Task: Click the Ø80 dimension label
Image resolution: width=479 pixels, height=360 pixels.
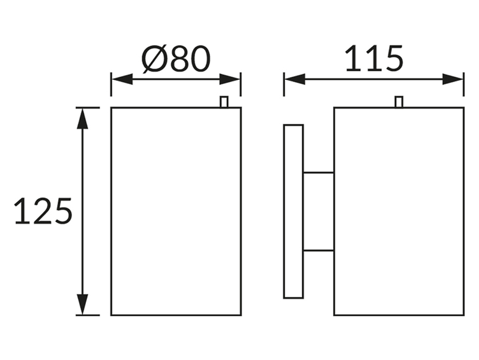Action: point(176,59)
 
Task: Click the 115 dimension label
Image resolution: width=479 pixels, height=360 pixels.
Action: point(374,59)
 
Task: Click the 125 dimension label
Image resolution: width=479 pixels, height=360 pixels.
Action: point(43,211)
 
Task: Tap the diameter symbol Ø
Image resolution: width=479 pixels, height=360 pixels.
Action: point(155,59)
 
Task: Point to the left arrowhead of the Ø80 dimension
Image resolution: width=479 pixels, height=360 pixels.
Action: point(122,79)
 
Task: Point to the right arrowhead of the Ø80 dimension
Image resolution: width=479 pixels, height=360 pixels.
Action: point(230,79)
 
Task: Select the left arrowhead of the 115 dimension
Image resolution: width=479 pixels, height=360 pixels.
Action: point(295,79)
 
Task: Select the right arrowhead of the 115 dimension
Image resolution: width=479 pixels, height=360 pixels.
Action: point(453,79)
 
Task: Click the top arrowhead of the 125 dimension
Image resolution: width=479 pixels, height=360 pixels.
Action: point(82,118)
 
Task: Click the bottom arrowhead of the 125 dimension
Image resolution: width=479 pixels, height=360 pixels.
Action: point(82,304)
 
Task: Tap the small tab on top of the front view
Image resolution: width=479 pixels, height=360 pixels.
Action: point(224,102)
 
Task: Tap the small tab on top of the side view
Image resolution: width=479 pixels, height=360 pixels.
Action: point(399,102)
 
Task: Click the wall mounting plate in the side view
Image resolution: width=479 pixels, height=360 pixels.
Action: point(294,211)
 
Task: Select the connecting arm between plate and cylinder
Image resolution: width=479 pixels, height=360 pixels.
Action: point(318,212)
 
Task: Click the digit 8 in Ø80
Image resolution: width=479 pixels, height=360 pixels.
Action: point(180,59)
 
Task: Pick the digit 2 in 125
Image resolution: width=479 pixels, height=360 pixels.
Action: point(43,211)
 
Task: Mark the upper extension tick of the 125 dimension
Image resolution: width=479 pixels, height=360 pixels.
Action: point(88,107)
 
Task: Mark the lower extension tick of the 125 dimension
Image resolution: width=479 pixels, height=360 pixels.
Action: point(88,315)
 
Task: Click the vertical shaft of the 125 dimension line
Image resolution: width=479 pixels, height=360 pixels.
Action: point(82,211)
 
